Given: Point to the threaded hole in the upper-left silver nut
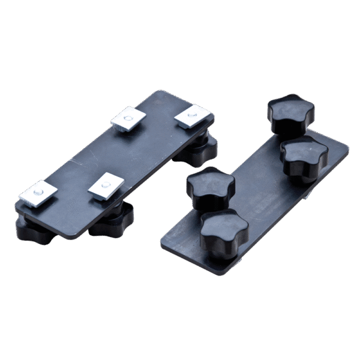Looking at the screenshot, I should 125,120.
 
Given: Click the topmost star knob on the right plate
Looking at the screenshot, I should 291,113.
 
